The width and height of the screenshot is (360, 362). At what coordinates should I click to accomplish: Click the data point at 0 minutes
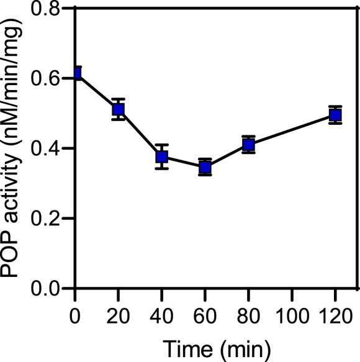click(76, 73)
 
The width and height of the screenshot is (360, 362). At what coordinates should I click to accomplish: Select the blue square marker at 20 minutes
click(118, 110)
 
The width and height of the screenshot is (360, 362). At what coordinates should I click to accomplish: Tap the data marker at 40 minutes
click(161, 156)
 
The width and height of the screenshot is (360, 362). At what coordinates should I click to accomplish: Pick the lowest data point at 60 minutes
click(205, 167)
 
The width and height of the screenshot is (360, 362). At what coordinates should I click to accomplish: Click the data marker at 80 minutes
click(248, 145)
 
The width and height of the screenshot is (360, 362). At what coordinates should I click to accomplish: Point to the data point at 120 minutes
click(335, 115)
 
